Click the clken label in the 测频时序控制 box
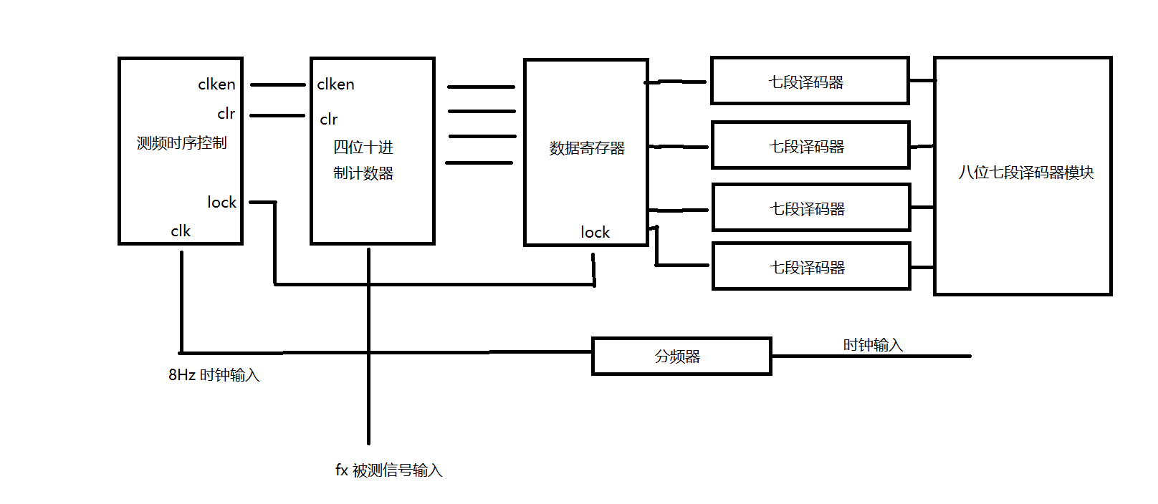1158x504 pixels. click(x=216, y=84)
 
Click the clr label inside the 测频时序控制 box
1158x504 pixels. click(x=226, y=114)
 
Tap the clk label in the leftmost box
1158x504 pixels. click(x=181, y=231)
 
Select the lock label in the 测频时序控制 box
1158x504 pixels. click(x=221, y=203)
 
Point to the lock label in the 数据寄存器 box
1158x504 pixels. click(x=595, y=233)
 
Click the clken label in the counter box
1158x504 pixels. click(x=335, y=84)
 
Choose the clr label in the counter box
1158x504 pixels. click(x=328, y=120)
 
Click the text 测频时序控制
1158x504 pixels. click(x=181, y=143)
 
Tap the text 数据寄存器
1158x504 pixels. click(x=587, y=148)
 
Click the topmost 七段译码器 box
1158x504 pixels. click(x=810, y=82)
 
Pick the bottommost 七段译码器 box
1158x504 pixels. click(x=810, y=267)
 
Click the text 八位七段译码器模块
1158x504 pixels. click(x=1025, y=173)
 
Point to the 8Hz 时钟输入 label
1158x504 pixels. click(x=214, y=375)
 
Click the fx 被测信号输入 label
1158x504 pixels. click(x=388, y=470)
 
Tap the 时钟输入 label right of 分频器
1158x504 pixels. click(x=872, y=345)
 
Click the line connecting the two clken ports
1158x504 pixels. click(x=277, y=85)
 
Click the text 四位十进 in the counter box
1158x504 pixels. click(x=363, y=147)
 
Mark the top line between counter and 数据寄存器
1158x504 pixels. click(x=481, y=87)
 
